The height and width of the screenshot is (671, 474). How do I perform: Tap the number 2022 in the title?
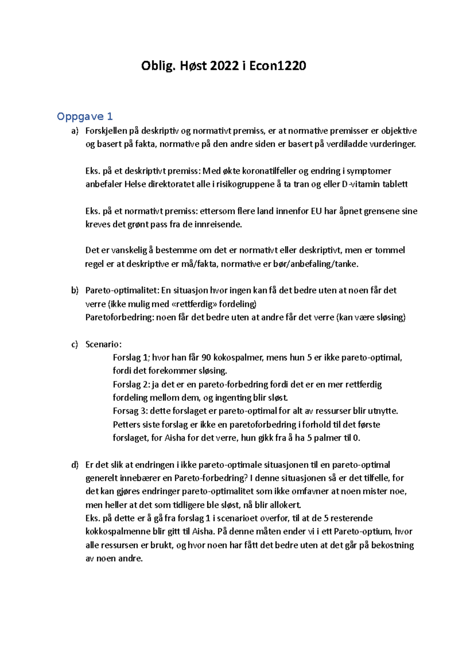click(224, 66)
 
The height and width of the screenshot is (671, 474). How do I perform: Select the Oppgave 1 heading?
click(85, 117)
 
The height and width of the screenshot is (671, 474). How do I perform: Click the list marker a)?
click(75, 131)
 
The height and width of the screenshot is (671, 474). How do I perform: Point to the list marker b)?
click(75, 290)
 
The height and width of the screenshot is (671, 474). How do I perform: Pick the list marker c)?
click(75, 344)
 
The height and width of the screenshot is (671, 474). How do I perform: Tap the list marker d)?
click(75, 465)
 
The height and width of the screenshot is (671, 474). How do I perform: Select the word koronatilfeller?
click(269, 171)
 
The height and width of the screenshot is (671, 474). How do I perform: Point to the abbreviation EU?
click(316, 211)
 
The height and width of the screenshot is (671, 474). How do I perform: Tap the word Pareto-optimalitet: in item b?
click(122, 290)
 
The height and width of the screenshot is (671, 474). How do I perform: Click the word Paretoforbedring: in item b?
click(119, 317)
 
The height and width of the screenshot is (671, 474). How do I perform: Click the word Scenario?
click(103, 344)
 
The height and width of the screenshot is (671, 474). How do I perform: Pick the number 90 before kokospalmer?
click(206, 358)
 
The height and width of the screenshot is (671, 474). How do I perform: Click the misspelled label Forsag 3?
click(130, 411)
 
